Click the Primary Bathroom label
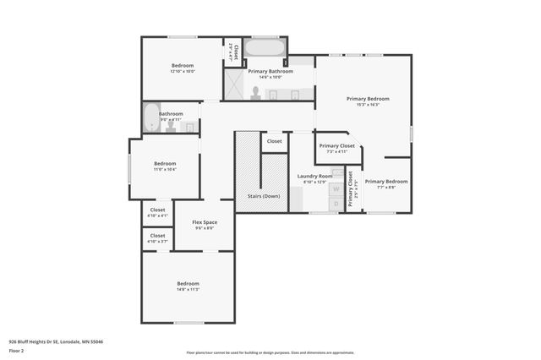(x=270, y=72)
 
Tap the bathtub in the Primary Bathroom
(x=265, y=47)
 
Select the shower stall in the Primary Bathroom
(x=234, y=87)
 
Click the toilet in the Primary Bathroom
(x=254, y=92)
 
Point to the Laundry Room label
(x=314, y=176)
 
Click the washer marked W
(x=336, y=190)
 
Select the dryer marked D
(x=336, y=204)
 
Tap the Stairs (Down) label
(x=263, y=196)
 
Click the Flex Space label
(x=205, y=222)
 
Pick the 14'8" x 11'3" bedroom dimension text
(x=188, y=289)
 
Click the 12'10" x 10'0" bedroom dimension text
(x=183, y=72)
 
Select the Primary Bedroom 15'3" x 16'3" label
(x=363, y=101)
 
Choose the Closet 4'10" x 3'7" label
(x=157, y=238)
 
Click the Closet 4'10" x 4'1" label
(x=157, y=212)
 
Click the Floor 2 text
(x=16, y=350)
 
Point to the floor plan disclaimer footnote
(x=270, y=352)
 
